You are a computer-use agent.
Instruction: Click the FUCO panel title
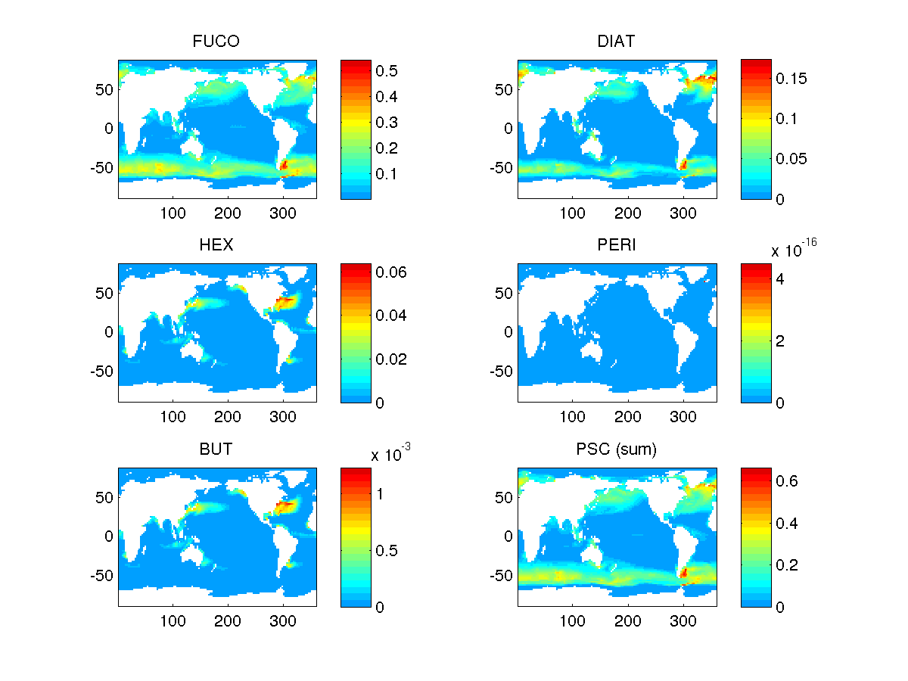coord(216,42)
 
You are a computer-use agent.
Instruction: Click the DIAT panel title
coord(617,42)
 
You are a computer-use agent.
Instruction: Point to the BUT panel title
coord(216,449)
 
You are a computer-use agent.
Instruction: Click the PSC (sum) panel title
coord(617,449)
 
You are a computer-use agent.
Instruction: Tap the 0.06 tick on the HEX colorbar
coord(392,272)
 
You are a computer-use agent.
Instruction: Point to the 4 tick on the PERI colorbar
coord(779,278)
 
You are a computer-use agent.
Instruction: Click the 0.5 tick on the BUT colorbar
coord(387,550)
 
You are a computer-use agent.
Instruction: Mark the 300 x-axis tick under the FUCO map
coord(283,213)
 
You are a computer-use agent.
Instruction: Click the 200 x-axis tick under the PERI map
coord(628,417)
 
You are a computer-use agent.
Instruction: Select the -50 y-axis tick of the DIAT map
coord(500,167)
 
